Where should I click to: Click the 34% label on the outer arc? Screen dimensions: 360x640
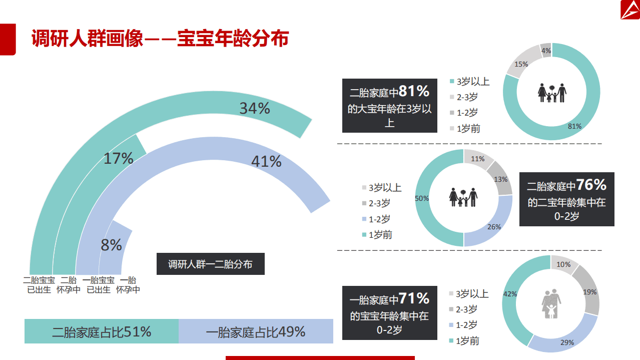pos(255,108)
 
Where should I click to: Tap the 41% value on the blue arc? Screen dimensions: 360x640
pos(266,161)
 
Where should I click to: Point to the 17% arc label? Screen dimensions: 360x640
pos(119,159)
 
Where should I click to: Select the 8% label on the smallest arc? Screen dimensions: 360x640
pos(111,245)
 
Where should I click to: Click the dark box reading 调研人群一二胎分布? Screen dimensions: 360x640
pos(210,264)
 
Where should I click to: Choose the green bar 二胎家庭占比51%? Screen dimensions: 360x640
pos(102,331)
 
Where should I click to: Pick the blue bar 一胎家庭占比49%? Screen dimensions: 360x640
pos(256,331)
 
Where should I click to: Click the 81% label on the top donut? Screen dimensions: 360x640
pos(574,126)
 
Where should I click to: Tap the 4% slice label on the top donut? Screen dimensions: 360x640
pos(546,51)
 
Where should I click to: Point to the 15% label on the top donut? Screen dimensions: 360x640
pos(521,64)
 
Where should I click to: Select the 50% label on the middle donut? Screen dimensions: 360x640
pos(422,198)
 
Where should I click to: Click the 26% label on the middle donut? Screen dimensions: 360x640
pos(494,227)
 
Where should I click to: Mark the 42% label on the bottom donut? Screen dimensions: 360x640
pos(510,294)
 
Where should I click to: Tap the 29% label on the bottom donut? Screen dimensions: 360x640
pos(567,342)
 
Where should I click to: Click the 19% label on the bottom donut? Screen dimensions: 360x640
pos(590,292)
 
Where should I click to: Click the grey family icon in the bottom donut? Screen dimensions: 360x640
pos(551,303)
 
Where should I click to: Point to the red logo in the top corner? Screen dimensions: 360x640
pos(629,11)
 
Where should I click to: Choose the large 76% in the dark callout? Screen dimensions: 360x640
pos(591,185)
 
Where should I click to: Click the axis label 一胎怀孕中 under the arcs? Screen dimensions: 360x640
pos(128,285)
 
